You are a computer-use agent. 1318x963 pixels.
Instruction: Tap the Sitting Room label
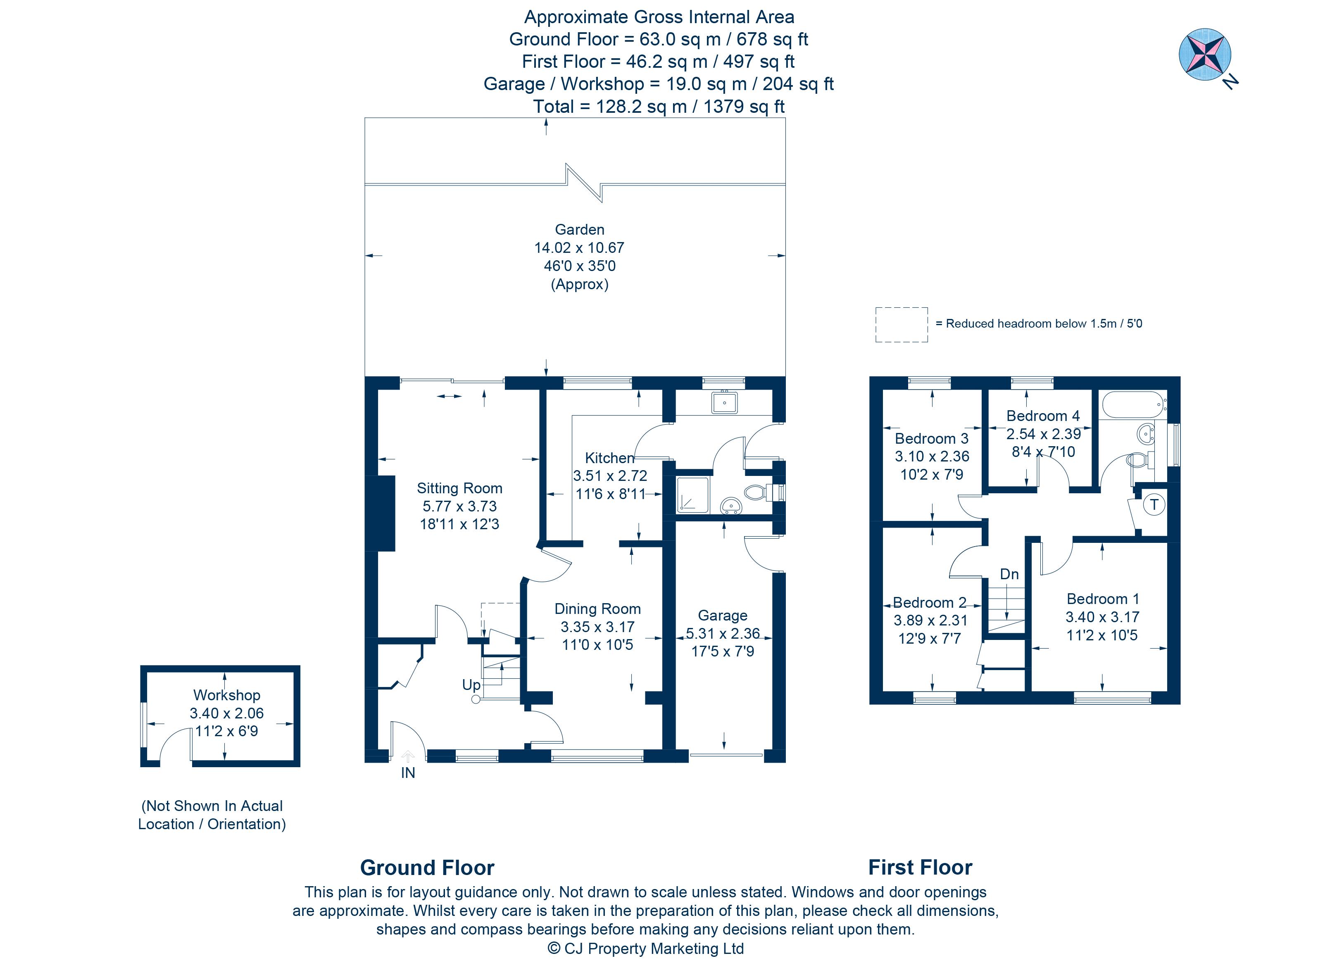[x=459, y=488]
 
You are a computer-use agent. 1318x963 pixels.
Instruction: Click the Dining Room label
[x=597, y=609]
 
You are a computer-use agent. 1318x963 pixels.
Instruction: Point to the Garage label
[x=723, y=616]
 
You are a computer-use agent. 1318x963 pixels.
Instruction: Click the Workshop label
[x=227, y=695]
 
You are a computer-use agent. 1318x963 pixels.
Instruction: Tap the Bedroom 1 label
[x=1102, y=599]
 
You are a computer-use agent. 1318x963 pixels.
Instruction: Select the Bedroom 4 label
[x=1043, y=416]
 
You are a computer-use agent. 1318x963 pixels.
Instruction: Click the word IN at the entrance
[x=408, y=773]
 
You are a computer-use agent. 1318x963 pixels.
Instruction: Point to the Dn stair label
[x=1009, y=574]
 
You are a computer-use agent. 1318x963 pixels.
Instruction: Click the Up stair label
[x=471, y=685]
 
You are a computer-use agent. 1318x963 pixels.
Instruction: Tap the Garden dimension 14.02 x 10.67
[x=579, y=248]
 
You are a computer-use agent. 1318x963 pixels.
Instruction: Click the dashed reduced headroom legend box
[x=901, y=325]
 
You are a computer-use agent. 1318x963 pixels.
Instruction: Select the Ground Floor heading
[x=427, y=868]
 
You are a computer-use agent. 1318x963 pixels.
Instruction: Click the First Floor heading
[x=921, y=868]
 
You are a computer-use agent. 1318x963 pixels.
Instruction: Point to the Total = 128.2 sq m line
[x=659, y=107]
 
